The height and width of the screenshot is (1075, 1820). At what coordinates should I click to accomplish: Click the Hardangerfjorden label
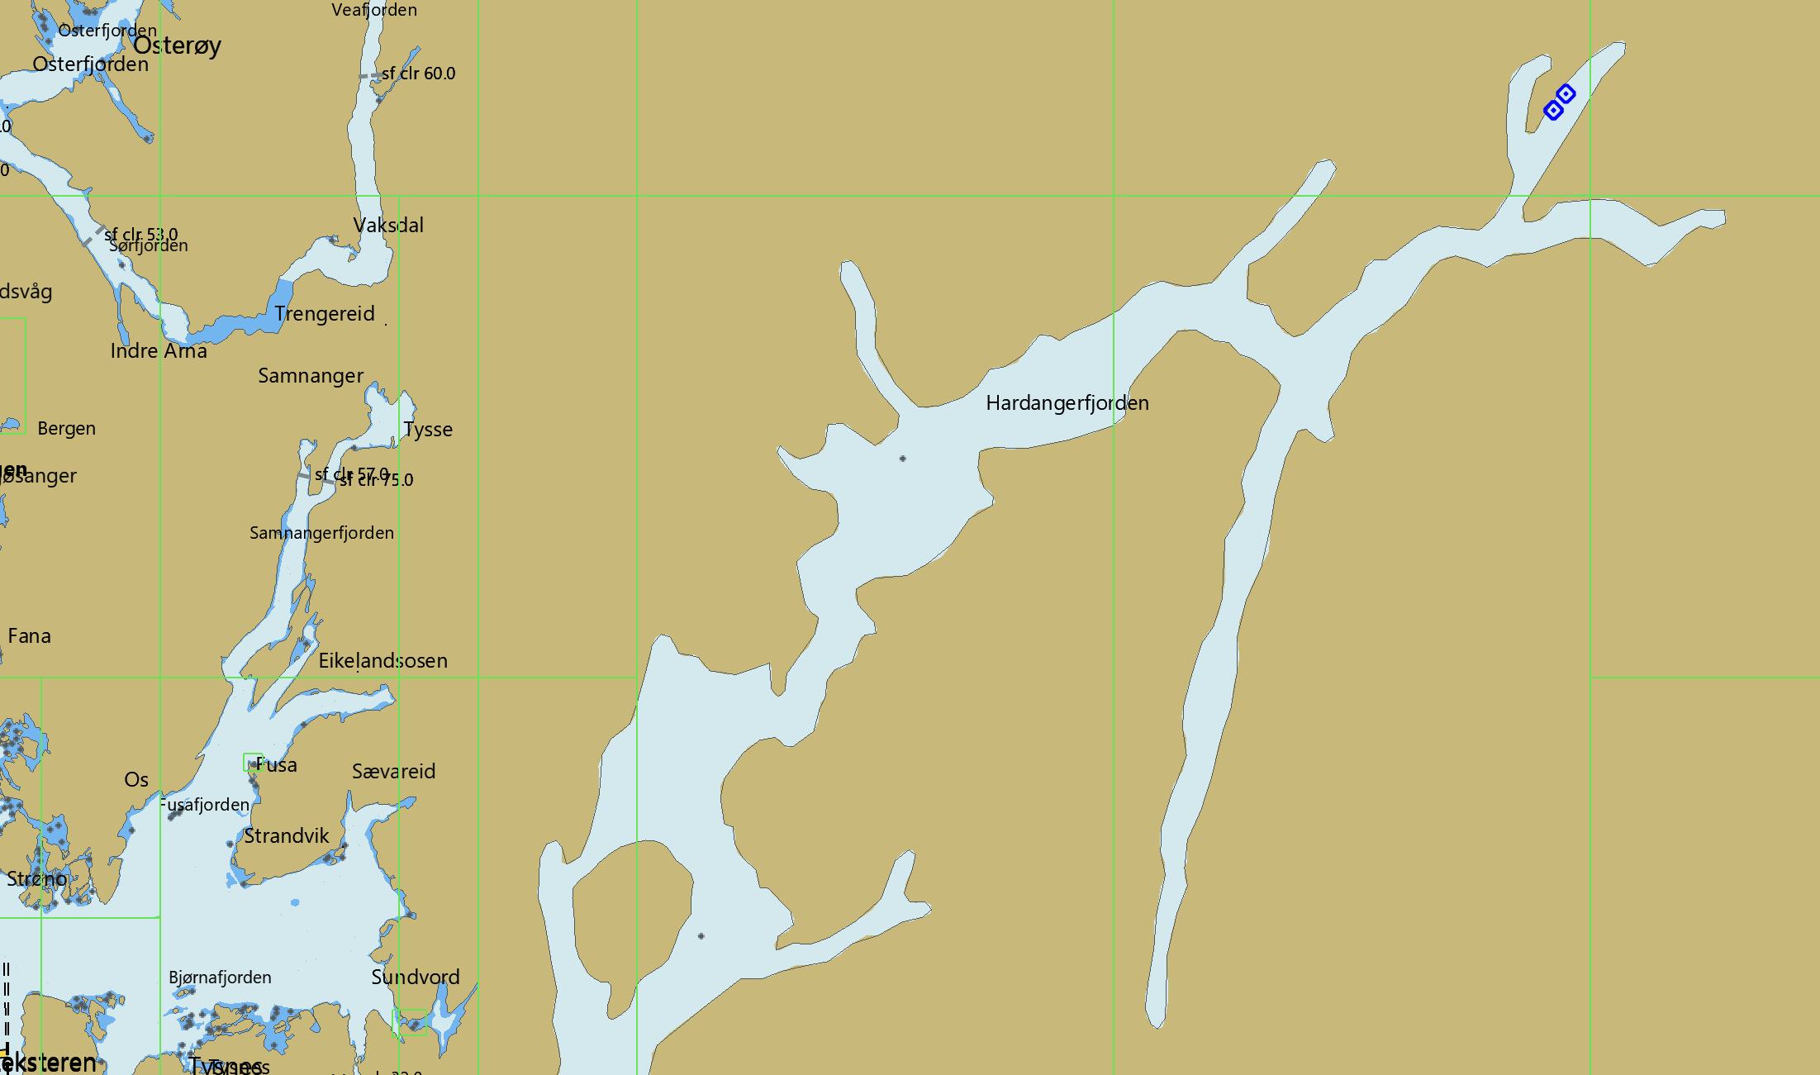pos(1067,403)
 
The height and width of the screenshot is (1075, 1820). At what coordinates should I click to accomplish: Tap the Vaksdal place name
pos(388,225)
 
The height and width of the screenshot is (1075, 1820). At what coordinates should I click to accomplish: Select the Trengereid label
pos(325,314)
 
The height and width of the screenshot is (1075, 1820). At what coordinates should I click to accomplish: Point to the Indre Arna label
pos(159,351)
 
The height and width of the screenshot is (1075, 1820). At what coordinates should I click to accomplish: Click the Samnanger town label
pos(311,376)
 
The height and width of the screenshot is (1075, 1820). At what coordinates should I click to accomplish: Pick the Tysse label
pos(428,430)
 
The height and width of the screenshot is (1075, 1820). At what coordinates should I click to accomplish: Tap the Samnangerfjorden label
pos(321,533)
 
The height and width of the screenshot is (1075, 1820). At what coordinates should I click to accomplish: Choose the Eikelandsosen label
pos(383,661)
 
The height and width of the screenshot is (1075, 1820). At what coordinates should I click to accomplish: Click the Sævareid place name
pos(393,772)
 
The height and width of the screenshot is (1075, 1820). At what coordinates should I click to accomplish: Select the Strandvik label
pos(286,836)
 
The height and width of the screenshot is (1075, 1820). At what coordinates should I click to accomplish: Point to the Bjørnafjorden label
pos(220,977)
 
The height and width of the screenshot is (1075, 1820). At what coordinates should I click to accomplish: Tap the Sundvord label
pos(415,977)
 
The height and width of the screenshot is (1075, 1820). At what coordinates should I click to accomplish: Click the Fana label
pos(29,636)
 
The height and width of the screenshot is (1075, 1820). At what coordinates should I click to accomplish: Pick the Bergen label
pos(66,429)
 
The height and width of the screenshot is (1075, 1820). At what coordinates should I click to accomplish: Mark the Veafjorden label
pos(374,10)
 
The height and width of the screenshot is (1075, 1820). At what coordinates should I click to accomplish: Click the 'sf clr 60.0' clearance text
pos(419,74)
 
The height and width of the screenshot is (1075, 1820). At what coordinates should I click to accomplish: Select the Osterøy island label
pos(177,45)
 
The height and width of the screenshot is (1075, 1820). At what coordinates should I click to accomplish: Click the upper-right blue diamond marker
pos(1566,94)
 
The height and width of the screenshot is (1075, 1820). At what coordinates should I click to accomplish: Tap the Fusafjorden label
pos(205,805)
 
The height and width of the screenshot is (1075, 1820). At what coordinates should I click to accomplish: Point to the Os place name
pos(136,780)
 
